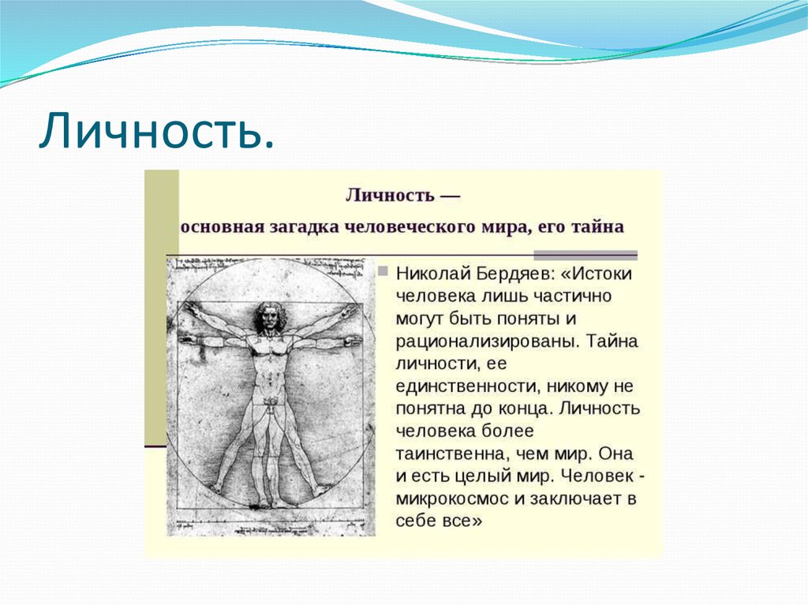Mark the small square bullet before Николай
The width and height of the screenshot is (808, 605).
tap(383, 272)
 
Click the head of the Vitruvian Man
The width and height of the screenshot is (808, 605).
tap(269, 316)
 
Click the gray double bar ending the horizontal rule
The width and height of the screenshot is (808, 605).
tap(585, 256)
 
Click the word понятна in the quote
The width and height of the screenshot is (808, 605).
tap(425, 409)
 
